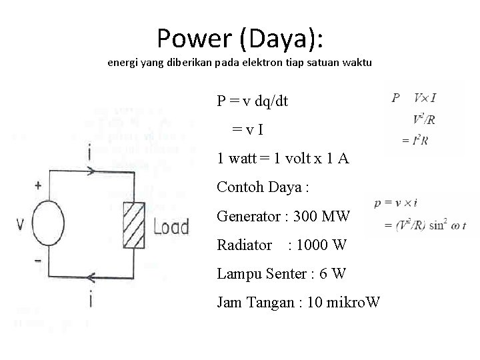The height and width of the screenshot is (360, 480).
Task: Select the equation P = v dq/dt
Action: click(x=253, y=101)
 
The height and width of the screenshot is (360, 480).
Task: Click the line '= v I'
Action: click(x=251, y=130)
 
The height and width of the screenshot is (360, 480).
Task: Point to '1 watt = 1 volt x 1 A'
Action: click(x=283, y=159)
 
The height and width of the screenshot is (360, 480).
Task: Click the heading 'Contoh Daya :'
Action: click(x=263, y=187)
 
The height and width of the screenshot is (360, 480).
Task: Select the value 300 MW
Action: click(x=327, y=216)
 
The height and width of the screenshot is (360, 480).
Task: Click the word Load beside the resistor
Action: click(x=171, y=227)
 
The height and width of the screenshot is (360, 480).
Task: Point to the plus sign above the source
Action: click(x=37, y=186)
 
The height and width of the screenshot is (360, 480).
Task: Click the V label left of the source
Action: click(x=21, y=224)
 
